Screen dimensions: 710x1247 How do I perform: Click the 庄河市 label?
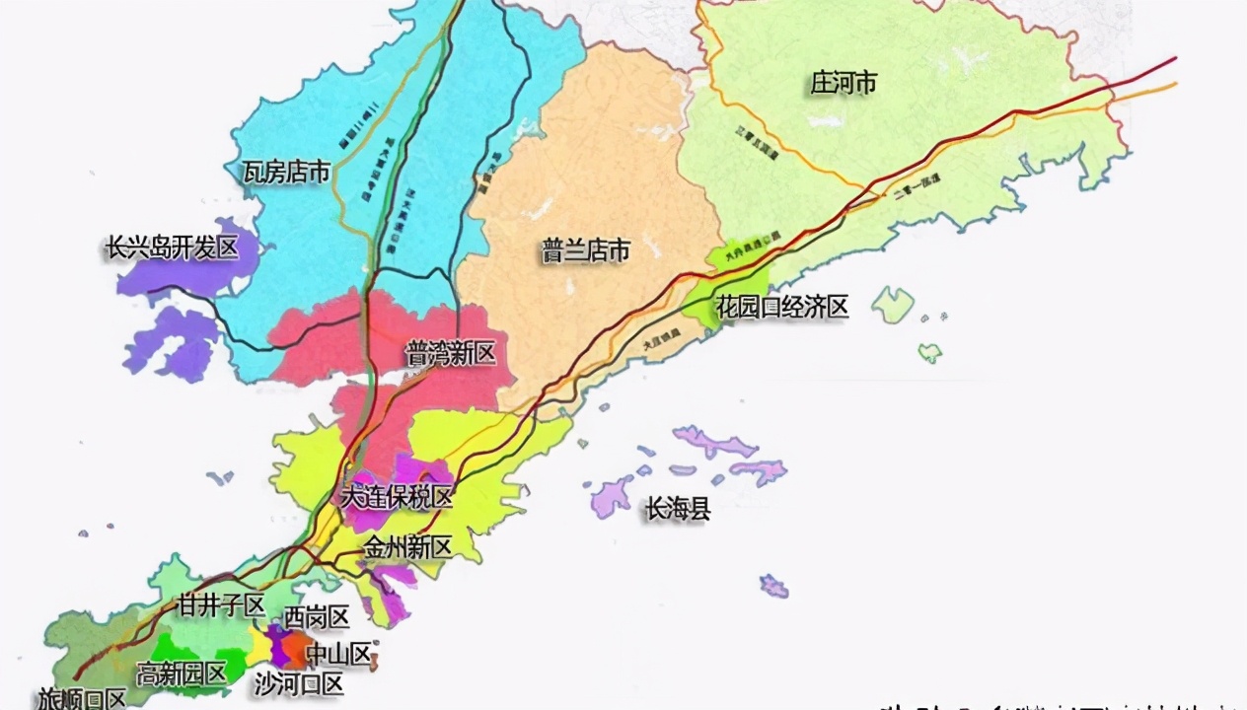click(844, 83)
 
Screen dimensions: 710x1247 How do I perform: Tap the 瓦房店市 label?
click(286, 173)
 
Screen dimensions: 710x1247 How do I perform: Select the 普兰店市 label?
click(585, 251)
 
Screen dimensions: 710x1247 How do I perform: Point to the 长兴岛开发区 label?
click(173, 248)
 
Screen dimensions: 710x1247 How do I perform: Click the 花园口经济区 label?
click(782, 308)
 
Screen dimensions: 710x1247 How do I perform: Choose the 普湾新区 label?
click(450, 354)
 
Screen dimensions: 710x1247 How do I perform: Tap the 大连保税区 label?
click(396, 498)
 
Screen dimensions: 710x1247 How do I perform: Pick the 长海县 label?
click(678, 510)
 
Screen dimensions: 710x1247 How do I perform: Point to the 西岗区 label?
click(317, 618)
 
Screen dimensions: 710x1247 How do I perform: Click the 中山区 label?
click(338, 653)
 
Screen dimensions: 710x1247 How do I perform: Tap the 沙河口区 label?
click(299, 683)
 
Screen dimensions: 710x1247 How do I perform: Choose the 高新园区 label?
click(182, 674)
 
